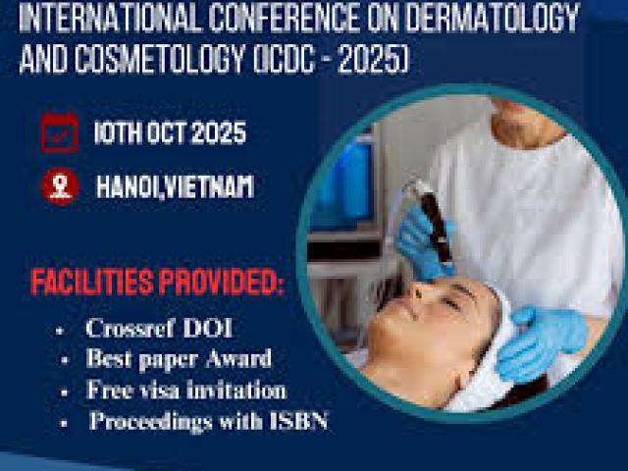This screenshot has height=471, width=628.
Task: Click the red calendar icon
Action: click(59, 131)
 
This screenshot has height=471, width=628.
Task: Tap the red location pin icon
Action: click(60, 185)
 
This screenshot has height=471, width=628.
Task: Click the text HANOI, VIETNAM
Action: click(175, 186)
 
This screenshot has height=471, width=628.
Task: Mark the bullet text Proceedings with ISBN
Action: click(209, 422)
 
